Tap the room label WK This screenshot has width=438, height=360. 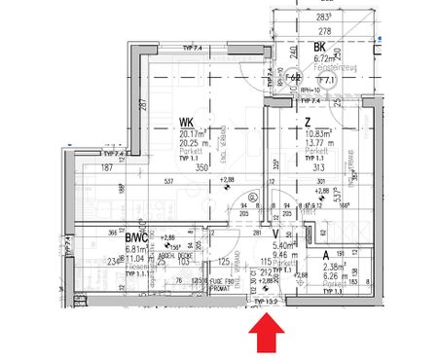point(185,122)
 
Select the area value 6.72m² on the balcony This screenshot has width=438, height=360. point(324,58)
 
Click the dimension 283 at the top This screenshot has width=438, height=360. point(320,17)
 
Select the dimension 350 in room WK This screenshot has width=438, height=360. point(202,168)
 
